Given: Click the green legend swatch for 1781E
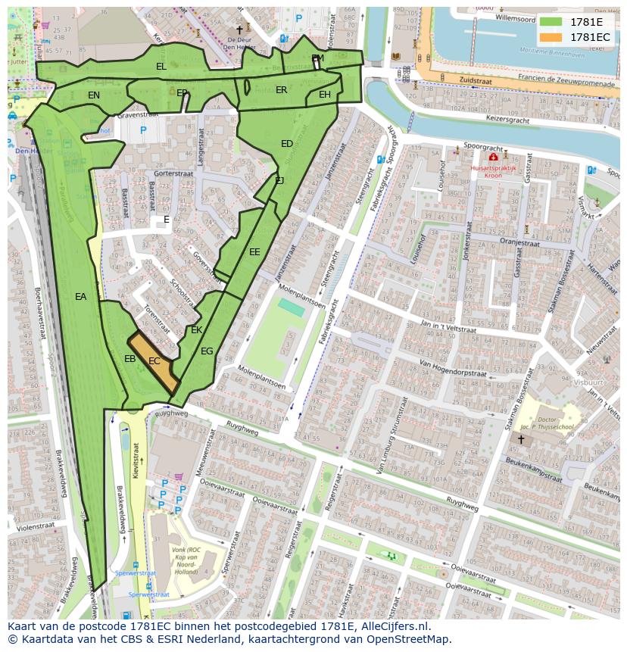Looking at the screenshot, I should (551, 22).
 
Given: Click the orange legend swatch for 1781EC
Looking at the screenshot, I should (551, 37).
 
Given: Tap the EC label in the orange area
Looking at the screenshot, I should (154, 361).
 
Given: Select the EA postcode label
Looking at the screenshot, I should (81, 297).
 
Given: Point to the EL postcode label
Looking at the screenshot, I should (161, 67).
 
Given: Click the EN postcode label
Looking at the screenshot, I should (94, 95).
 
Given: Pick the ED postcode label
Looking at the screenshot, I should (287, 144).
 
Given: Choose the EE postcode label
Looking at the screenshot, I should (254, 252).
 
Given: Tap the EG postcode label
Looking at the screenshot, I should (207, 351).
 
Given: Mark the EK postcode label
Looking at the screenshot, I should (197, 330).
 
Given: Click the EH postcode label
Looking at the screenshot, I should (325, 95).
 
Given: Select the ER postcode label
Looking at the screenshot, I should (282, 90).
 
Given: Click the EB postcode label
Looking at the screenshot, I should (130, 359).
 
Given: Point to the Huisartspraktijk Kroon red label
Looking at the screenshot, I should (486, 170).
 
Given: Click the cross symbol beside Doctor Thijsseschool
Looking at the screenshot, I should (521, 438).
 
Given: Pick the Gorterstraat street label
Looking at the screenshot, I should (172, 173).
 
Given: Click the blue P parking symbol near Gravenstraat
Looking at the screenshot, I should (143, 130).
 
